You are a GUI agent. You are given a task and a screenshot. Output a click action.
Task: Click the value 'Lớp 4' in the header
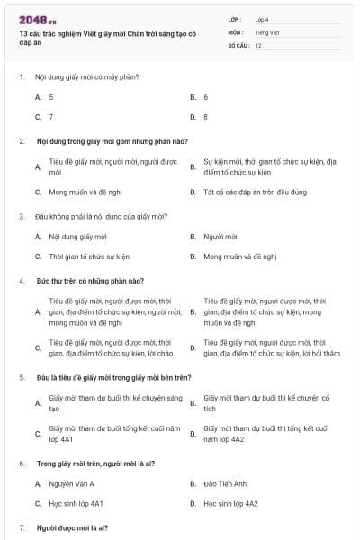point(262,19)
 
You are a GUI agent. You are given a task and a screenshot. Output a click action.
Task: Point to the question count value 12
point(258,44)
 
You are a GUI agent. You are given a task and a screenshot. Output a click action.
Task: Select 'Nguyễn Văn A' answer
point(71,483)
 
